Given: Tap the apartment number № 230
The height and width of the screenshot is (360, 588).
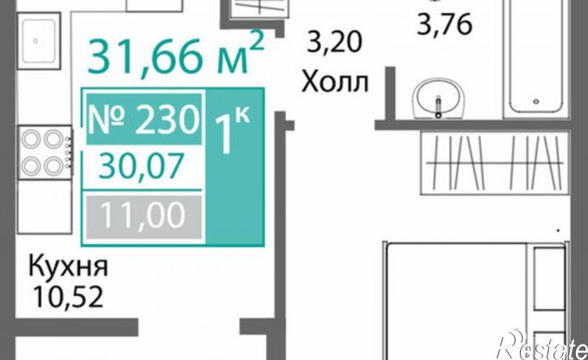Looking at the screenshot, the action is tap(144, 120).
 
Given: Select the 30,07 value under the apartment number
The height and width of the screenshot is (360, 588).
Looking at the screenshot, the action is tap(141, 166).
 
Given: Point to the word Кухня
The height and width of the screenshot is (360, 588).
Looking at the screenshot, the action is tap(68, 266).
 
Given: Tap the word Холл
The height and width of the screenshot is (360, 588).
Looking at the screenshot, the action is tap(335, 82).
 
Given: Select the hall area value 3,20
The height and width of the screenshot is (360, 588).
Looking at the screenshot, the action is tap(334, 41).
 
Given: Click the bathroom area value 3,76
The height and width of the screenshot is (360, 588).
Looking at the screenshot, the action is tap(444, 25).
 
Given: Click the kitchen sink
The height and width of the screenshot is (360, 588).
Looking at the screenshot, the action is tap(39, 41).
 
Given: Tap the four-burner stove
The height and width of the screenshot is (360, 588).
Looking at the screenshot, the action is tap(45, 152).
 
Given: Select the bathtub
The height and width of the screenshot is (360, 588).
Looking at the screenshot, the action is tap(536, 56).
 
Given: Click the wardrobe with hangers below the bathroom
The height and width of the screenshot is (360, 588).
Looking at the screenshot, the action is tap(495, 163).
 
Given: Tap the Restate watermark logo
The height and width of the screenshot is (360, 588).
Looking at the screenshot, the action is tap(542, 346).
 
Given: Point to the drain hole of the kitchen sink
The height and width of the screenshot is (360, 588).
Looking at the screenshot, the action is tap(36, 41).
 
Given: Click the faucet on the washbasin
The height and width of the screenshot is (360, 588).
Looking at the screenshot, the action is tap(438, 107).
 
